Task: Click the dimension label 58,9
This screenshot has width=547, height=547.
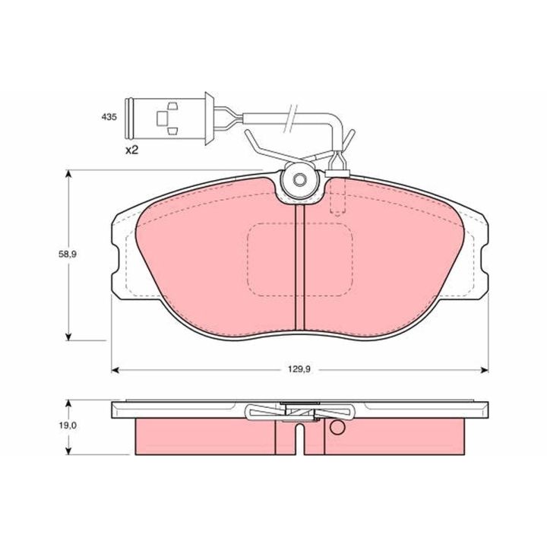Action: (68, 255)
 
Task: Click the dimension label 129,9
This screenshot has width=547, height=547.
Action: (299, 369)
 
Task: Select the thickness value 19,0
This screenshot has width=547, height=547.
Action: (68, 425)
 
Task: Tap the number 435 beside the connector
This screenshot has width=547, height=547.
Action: (109, 117)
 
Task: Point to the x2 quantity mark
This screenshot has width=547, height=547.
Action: (132, 150)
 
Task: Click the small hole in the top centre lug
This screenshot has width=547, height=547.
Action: (299, 179)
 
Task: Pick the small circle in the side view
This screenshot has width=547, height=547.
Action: (337, 427)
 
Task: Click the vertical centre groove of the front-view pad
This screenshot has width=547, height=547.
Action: (300, 267)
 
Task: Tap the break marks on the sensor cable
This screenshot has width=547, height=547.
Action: (290, 119)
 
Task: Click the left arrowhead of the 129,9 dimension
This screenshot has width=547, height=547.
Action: (115, 370)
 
